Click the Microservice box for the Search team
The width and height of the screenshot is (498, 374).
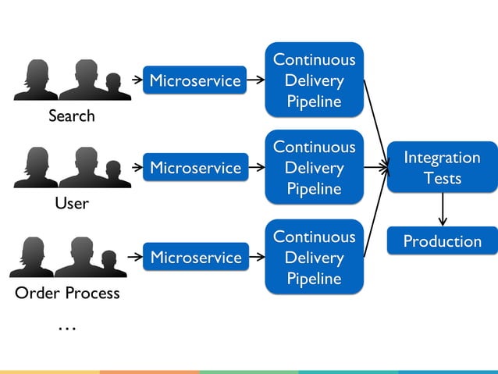pyautogui.click(x=195, y=80)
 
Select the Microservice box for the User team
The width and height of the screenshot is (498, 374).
pyautogui.click(x=195, y=168)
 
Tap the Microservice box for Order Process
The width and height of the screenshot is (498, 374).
pyautogui.click(x=195, y=258)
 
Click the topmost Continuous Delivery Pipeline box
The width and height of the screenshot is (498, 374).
pyautogui.click(x=314, y=80)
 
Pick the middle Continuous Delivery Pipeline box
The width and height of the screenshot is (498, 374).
pyautogui.click(x=314, y=168)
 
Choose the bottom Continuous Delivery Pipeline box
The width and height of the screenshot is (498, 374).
pyautogui.click(x=314, y=258)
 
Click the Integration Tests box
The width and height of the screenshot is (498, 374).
pyautogui.click(x=442, y=167)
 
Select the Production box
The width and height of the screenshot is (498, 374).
pyautogui.click(x=442, y=241)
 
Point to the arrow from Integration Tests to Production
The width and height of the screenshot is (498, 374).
pyautogui.click(x=443, y=208)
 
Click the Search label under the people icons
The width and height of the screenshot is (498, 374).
pyautogui.click(x=71, y=116)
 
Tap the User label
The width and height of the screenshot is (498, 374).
pyautogui.click(x=71, y=204)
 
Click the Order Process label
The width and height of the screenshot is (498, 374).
pyautogui.click(x=67, y=294)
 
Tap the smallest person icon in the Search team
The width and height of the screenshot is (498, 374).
pyautogui.click(x=114, y=87)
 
